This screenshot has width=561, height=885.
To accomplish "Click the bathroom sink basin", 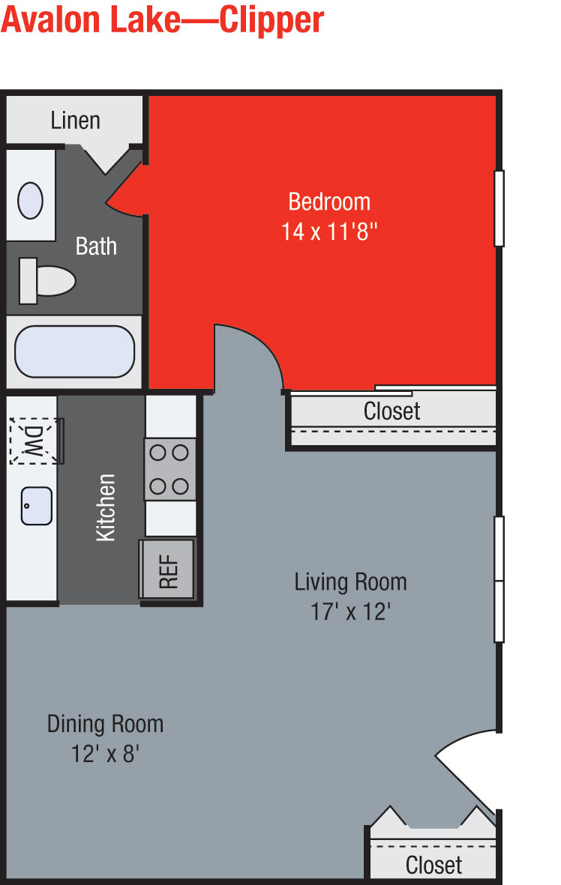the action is click(31, 200).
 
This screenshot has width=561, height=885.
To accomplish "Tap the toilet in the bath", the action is click(47, 280).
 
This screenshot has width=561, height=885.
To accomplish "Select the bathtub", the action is click(74, 351).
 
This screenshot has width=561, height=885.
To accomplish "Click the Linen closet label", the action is click(75, 120).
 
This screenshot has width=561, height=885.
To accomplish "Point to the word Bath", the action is click(96, 246).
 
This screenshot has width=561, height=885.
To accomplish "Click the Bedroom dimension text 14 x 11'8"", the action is click(329, 232).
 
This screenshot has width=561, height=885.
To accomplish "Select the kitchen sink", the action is click(37, 506).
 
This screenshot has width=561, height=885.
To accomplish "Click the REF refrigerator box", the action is click(168, 569).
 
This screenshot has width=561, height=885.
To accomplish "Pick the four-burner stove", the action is click(170, 470).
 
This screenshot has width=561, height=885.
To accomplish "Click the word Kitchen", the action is click(106, 507).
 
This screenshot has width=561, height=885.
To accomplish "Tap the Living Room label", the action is click(350, 582).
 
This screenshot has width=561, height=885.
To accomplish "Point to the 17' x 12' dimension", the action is click(350, 611).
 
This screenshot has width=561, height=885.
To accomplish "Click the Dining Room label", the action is click(105, 724).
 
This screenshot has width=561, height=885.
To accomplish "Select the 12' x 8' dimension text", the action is click(105, 754).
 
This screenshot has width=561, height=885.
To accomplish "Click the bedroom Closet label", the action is click(391, 411).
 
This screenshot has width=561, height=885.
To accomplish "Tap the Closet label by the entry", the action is click(433, 865).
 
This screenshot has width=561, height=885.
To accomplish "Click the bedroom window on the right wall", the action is click(499, 208).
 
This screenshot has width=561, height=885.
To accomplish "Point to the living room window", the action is click(499, 579).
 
